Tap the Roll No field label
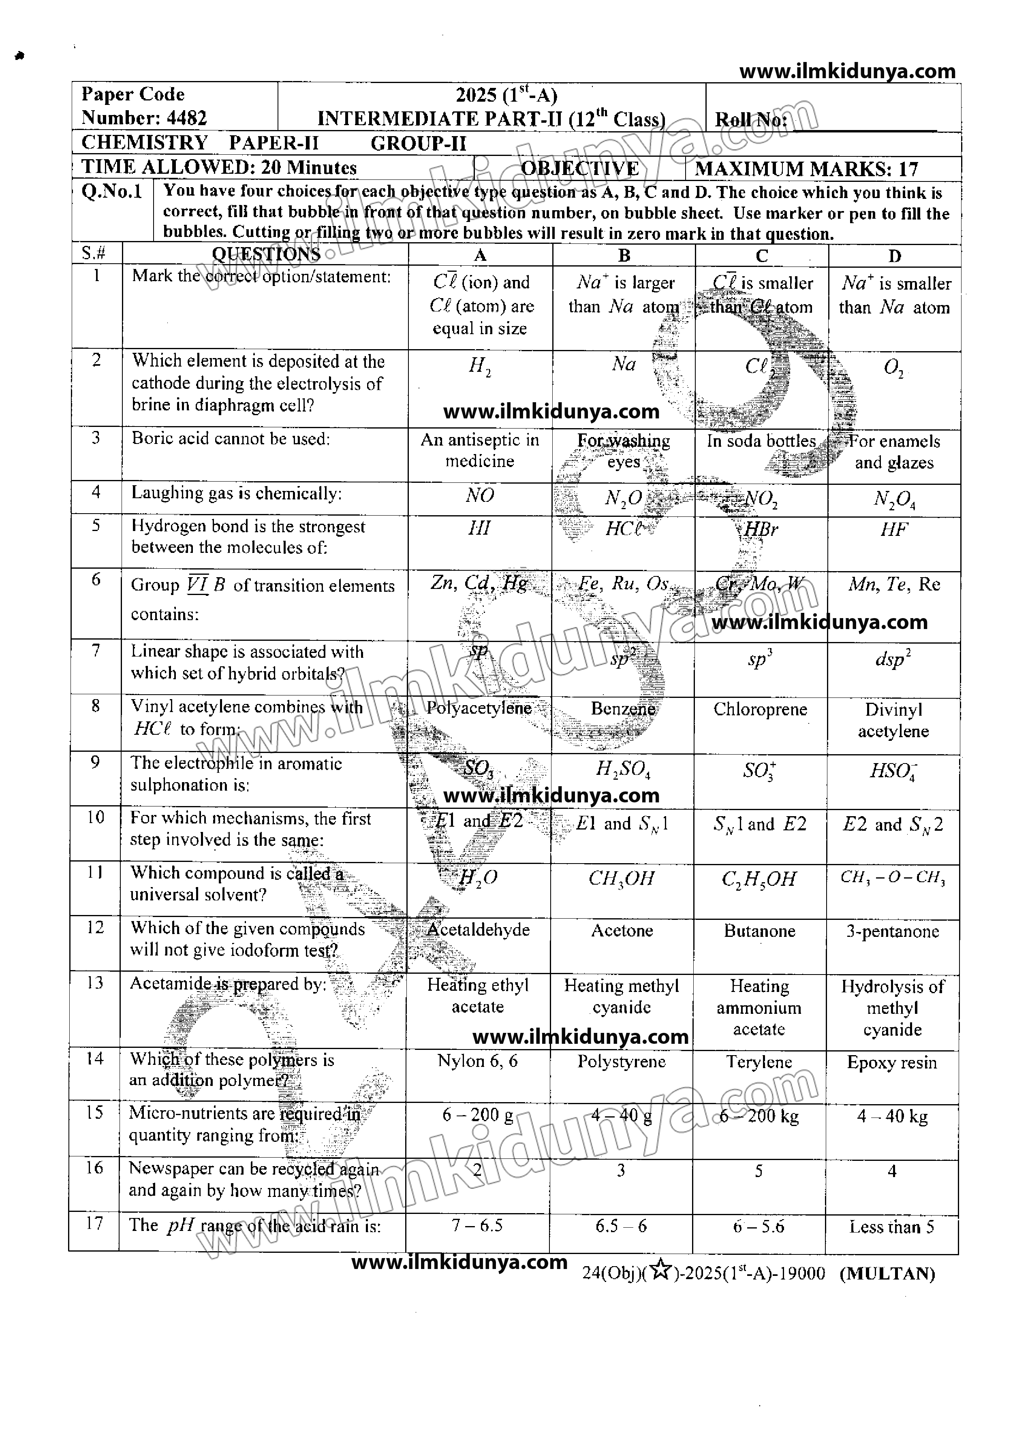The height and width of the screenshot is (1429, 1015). click(751, 120)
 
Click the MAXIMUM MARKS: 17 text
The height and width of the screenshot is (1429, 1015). click(806, 169)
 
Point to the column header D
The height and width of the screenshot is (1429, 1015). click(894, 256)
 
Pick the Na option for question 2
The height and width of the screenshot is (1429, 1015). click(624, 364)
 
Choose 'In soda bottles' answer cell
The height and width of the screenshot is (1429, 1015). click(761, 441)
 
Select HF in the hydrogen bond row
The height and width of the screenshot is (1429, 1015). click(894, 530)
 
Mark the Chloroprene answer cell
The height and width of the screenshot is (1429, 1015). click(760, 710)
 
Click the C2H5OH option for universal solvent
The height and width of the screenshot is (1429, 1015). click(759, 879)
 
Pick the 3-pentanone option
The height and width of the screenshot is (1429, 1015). click(893, 932)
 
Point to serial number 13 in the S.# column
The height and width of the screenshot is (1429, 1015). click(94, 983)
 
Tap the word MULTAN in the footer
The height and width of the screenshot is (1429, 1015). click(887, 1273)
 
